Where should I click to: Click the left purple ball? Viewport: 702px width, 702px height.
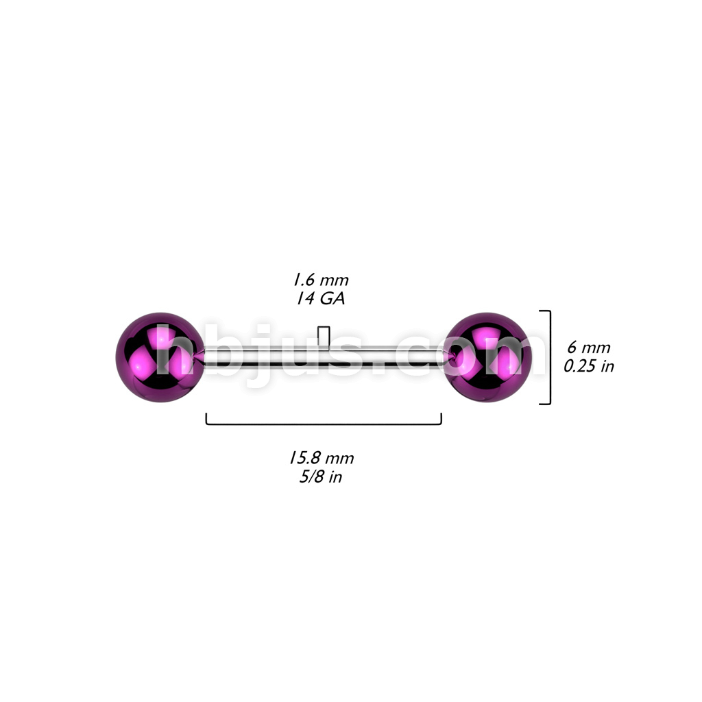coord(160,357)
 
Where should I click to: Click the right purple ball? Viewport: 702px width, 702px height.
coord(488,357)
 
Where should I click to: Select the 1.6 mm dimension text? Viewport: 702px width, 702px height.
coord(321,280)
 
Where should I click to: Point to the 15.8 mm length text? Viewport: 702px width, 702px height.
coord(321,458)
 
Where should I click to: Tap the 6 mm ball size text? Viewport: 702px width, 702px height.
coord(588,348)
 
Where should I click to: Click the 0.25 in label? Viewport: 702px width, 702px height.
coord(589,366)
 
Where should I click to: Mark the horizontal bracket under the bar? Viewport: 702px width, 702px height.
coord(324,424)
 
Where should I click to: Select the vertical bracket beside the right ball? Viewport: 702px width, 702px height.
coord(550,357)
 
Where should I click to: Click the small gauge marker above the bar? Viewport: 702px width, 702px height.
coord(324,335)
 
